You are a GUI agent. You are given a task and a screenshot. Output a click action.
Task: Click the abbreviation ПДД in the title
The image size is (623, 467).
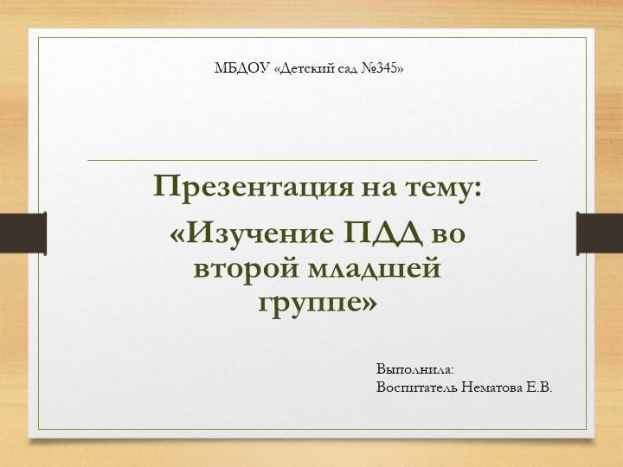point(382,233)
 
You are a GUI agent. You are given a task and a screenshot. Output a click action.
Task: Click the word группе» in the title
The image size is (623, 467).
point(318,303)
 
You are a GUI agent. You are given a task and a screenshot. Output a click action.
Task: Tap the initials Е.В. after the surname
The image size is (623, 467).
point(538,387)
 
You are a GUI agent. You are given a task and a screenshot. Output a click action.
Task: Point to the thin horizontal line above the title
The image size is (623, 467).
point(311,160)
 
